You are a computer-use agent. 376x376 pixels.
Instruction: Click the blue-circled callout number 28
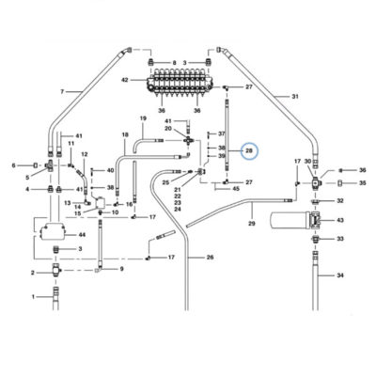coord(249,151)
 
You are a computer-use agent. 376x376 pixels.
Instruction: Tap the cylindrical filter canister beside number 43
coord(289,220)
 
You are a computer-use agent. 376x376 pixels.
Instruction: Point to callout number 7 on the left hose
coord(62,91)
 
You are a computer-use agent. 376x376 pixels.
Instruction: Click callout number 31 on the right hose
coord(295,97)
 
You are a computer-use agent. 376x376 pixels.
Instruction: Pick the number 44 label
coord(82,235)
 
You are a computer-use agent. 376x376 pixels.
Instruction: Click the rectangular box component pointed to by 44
coord(53,232)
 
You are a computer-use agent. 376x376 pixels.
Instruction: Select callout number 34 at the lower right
coord(340,275)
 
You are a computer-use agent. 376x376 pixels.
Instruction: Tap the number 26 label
coord(210,258)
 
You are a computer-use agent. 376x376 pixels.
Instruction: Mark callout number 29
coord(252,224)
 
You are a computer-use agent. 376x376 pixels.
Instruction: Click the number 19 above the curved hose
coord(143,118)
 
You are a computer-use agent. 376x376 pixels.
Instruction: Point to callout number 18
coord(125,135)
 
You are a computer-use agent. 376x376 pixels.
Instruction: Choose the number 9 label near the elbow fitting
coord(121,269)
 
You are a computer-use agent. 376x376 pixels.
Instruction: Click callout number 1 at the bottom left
coord(34,296)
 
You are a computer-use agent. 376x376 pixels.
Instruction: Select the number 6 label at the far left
coord(13,165)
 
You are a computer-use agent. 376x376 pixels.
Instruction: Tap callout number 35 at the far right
coord(363,182)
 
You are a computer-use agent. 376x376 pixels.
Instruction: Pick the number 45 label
coord(236,189)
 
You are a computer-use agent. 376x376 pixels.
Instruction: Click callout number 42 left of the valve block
coord(125,80)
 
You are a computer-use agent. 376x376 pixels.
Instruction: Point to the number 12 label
coord(85,154)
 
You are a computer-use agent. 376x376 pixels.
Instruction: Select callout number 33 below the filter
coord(340,239)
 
